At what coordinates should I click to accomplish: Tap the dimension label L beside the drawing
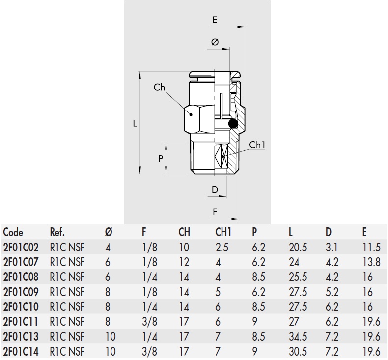(x=135, y=123)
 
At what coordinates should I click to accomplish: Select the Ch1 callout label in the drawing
(x=257, y=145)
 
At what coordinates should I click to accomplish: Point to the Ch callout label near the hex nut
(x=160, y=88)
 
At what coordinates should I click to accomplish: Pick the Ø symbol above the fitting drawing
(x=215, y=43)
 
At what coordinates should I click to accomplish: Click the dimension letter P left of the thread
(x=161, y=158)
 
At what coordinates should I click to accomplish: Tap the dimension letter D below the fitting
(x=215, y=189)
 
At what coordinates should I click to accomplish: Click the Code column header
(x=13, y=232)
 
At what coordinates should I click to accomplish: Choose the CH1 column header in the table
(x=223, y=232)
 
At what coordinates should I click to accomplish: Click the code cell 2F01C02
(x=21, y=248)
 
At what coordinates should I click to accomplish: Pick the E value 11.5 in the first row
(x=371, y=248)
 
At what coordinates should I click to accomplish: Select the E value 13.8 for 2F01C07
(x=371, y=262)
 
